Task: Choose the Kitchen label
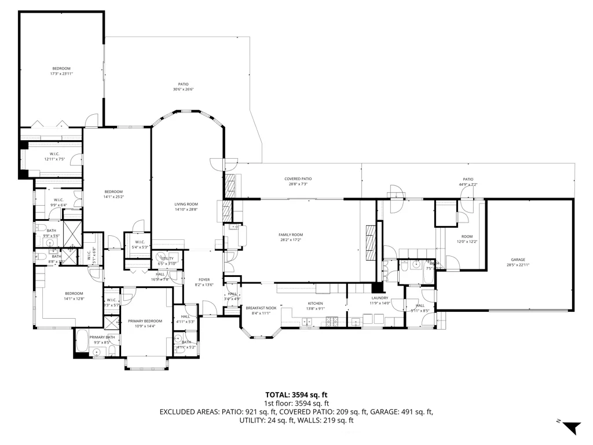tap(315, 304)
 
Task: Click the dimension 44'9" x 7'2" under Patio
tap(468, 185)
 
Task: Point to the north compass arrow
tap(572, 428)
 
